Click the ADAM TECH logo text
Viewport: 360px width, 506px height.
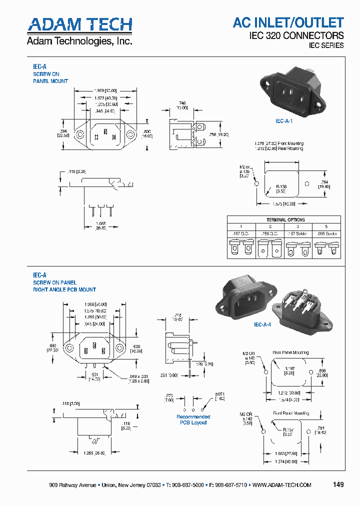79,24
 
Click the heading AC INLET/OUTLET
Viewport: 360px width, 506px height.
288,22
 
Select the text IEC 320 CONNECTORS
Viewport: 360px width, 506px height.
296,35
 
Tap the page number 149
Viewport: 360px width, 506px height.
338,484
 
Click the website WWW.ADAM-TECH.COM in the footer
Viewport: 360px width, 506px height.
282,485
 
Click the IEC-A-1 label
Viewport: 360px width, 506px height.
284,121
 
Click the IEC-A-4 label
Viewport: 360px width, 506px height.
262,324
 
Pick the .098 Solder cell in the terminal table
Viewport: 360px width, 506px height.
327,233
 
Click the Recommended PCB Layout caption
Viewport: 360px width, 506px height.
193,419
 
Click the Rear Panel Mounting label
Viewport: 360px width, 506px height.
290,352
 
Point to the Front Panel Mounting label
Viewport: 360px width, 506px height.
290,413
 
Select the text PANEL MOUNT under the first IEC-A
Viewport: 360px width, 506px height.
50,81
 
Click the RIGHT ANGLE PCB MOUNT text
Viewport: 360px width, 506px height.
64,289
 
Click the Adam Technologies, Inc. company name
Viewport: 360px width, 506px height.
79,41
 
